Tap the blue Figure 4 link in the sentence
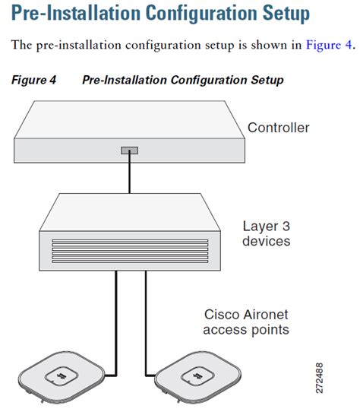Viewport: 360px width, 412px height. click(x=328, y=44)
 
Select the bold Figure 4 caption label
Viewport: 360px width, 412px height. click(x=36, y=80)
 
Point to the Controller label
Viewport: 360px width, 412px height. click(x=278, y=128)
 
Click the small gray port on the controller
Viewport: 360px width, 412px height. click(x=129, y=151)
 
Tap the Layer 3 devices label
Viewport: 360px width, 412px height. click(x=266, y=233)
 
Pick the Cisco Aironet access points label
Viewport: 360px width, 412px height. click(x=246, y=322)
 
